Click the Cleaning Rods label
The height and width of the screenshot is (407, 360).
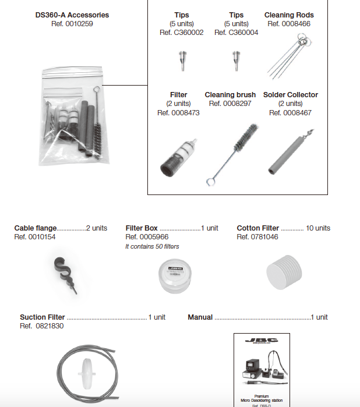click(289, 15)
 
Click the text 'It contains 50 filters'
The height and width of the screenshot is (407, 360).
click(153, 246)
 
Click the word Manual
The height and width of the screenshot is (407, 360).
click(200, 317)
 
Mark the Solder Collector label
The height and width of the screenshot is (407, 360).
click(291, 95)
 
